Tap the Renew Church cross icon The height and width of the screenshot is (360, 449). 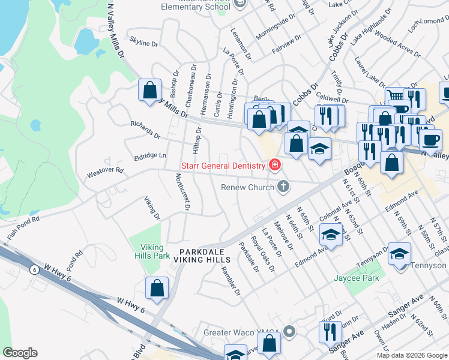point(283,187)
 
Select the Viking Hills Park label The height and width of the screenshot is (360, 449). point(147,251)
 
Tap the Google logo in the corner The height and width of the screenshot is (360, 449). point(20,352)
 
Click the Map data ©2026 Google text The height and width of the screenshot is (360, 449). point(412,355)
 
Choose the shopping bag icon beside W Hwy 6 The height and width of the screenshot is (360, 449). point(157,288)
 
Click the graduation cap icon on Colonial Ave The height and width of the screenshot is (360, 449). point(331,235)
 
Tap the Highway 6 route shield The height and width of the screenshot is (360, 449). point(35,270)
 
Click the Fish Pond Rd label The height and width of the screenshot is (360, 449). point(23,228)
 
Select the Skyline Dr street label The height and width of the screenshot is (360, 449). point(143,43)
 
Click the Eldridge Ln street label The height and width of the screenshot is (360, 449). point(150,155)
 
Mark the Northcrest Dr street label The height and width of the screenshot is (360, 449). point(182,192)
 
